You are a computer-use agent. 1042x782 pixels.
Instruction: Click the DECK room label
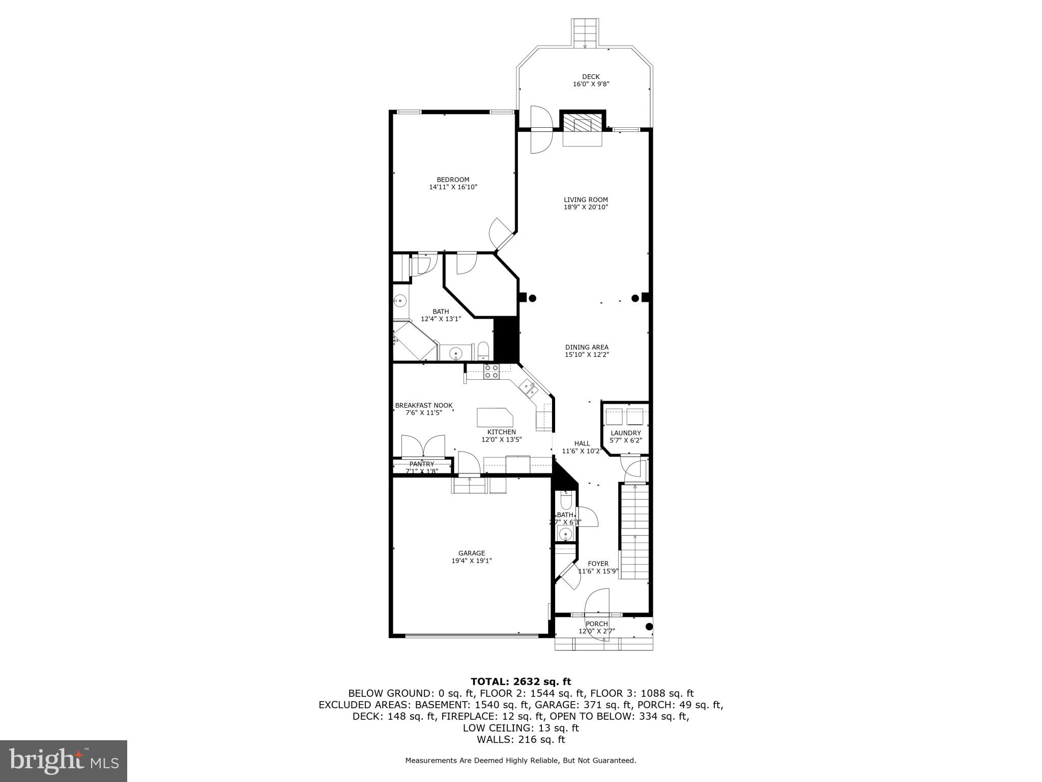(591, 77)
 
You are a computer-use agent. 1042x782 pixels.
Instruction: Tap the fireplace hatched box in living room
(583, 124)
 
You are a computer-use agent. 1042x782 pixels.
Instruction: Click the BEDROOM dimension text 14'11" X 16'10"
(453, 187)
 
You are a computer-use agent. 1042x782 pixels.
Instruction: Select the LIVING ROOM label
(586, 200)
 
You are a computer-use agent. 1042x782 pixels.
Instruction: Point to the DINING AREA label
(587, 347)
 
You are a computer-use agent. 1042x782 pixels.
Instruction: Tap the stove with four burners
(491, 371)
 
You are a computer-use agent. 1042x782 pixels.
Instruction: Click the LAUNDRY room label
(626, 433)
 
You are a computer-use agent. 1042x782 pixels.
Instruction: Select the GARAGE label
(472, 553)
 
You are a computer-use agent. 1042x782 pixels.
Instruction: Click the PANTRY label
(422, 464)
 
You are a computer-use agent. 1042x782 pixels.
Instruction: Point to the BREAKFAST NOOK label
(423, 405)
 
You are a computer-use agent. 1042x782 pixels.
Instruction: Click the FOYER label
(598, 564)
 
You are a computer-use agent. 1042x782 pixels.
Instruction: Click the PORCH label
(596, 624)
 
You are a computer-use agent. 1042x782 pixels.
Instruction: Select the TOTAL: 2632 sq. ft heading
(520, 682)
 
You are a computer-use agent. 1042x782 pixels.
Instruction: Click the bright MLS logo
(64, 761)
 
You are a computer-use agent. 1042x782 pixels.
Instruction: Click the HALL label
(582, 443)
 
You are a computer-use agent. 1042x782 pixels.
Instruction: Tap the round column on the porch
(649, 627)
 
